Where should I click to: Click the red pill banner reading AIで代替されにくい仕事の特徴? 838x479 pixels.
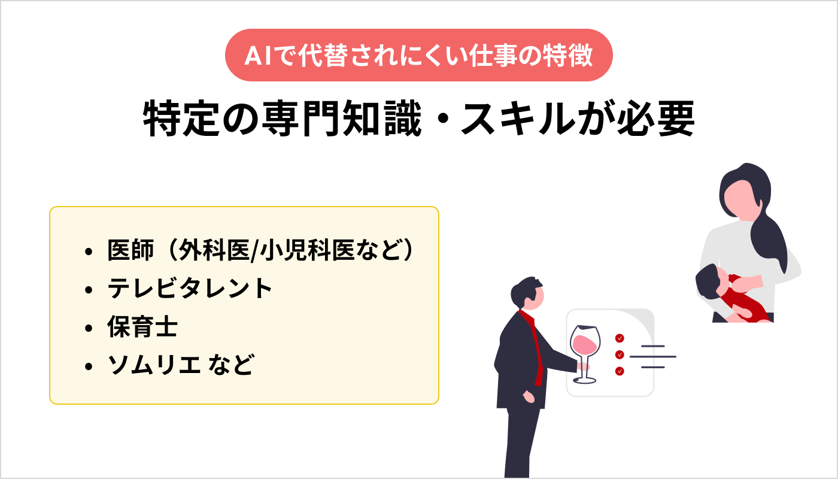(x=419, y=55)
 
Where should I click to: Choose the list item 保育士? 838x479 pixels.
(x=142, y=328)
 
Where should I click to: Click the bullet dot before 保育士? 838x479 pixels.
(x=89, y=329)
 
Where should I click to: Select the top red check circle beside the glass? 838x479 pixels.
(x=620, y=338)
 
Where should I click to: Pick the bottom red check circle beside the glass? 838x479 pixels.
(x=620, y=371)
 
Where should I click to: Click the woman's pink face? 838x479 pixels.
(x=740, y=198)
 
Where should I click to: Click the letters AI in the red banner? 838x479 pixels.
(x=256, y=56)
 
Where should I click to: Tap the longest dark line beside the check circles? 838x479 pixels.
(x=652, y=357)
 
